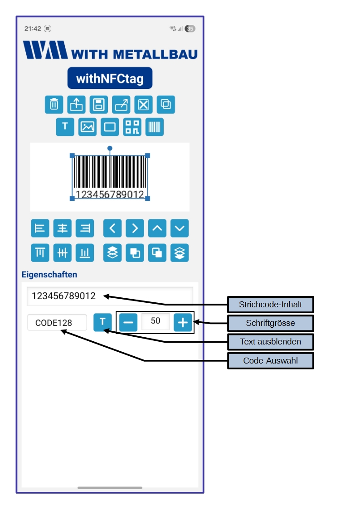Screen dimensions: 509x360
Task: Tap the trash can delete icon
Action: (54, 105)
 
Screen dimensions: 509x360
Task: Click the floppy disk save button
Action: (98, 105)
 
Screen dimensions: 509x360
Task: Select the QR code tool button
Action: (132, 127)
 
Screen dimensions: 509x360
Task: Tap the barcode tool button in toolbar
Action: (155, 127)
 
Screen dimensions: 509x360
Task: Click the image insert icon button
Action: (88, 127)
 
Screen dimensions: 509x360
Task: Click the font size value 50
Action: (156, 321)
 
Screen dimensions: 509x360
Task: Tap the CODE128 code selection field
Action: (57, 323)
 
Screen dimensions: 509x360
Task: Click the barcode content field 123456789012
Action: (110, 296)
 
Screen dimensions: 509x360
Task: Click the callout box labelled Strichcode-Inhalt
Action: (270, 305)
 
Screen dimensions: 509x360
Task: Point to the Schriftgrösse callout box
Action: (270, 323)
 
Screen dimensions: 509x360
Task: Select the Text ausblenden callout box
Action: (270, 342)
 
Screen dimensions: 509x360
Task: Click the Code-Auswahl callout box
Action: (270, 361)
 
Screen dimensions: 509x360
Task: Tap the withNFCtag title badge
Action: (110, 78)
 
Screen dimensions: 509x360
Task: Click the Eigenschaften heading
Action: (49, 275)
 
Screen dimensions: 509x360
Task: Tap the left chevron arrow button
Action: (112, 228)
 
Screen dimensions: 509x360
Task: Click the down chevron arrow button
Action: (180, 228)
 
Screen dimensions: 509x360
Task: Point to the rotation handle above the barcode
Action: (110, 148)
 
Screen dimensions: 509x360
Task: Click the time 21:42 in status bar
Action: (33, 29)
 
